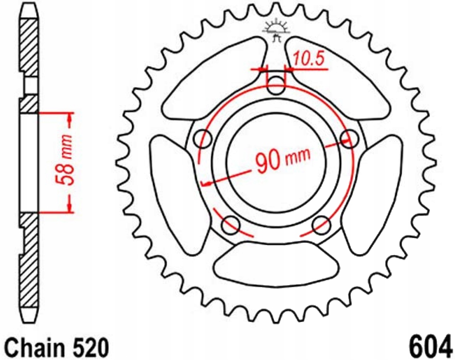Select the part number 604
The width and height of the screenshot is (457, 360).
pos(430,347)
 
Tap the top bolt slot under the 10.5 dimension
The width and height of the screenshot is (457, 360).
pos(276,83)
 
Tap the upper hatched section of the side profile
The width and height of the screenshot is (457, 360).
pos(29,52)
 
